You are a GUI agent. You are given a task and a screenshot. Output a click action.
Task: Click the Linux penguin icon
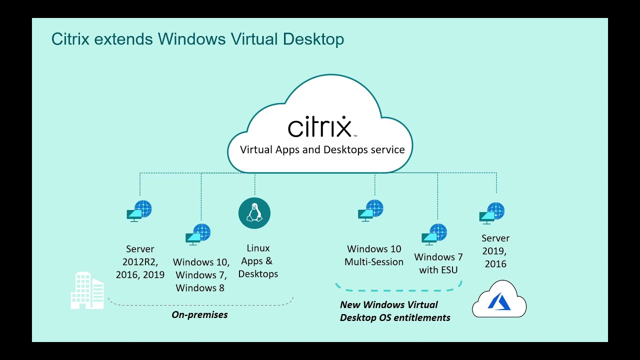point(254,213)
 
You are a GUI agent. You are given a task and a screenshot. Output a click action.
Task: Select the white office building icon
point(86,290)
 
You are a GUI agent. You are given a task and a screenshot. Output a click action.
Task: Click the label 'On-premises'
point(199,314)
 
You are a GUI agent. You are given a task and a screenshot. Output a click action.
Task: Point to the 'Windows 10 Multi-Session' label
point(374,255)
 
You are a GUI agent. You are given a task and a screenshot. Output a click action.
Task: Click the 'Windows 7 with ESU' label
point(438,263)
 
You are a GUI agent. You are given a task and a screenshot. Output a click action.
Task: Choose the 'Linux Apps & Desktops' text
point(258,261)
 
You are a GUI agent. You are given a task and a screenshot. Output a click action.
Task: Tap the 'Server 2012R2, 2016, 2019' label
point(140,261)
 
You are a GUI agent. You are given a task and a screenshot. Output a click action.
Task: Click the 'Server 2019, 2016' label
point(495,251)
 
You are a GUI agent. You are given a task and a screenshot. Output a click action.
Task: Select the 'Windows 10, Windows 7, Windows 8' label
point(201,275)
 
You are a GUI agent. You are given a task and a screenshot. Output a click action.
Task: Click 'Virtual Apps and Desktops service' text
point(322,149)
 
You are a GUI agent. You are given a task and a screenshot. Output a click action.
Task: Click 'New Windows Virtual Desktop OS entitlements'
point(395,311)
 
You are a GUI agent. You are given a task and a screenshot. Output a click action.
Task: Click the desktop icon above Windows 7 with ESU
point(434,234)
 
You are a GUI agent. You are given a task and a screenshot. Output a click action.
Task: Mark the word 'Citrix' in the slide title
point(70,39)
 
